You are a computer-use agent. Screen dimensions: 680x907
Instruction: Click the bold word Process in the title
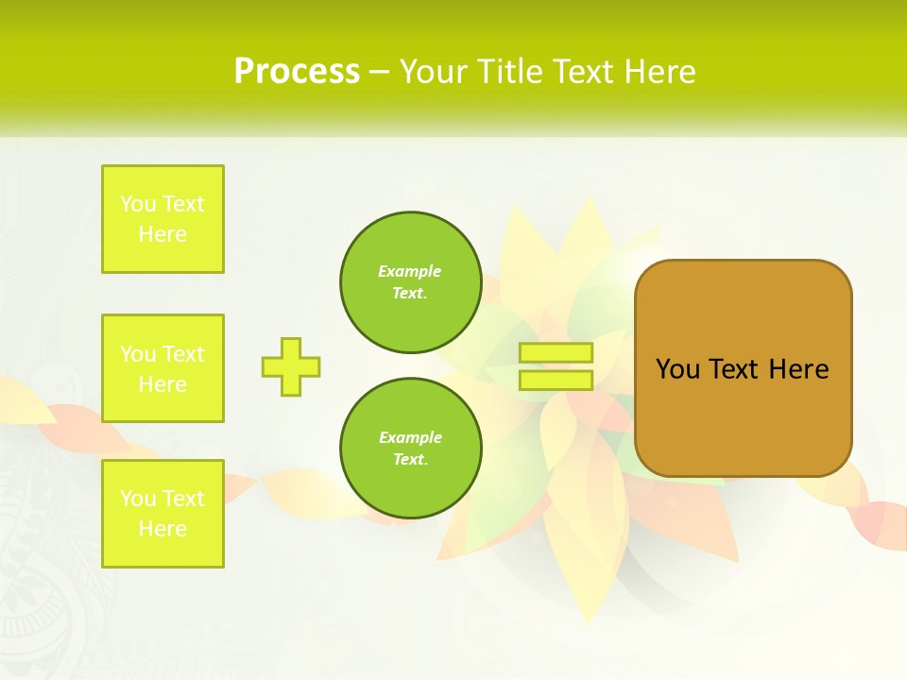click(x=297, y=72)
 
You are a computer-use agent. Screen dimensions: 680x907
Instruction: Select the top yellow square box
click(x=163, y=219)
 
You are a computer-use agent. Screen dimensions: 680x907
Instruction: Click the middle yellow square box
click(x=163, y=368)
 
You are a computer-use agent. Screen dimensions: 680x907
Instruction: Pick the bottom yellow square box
click(x=163, y=514)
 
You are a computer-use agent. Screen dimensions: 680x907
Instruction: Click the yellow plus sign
click(x=291, y=366)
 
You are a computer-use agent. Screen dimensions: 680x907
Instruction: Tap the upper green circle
click(x=410, y=282)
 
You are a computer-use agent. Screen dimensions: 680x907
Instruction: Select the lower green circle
click(x=410, y=449)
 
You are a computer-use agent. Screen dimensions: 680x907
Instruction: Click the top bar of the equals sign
click(x=556, y=353)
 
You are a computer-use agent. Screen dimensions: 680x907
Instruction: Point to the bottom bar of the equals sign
click(x=556, y=380)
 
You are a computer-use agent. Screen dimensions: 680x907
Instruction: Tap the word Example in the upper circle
click(x=410, y=271)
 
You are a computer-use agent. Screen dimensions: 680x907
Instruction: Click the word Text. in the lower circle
click(x=410, y=460)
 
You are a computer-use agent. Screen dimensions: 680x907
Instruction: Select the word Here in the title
click(x=659, y=72)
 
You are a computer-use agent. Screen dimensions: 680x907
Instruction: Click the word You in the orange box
click(x=676, y=369)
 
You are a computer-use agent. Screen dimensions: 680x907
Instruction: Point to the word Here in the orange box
click(x=798, y=369)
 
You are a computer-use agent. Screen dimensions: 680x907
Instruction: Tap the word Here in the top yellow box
click(x=163, y=234)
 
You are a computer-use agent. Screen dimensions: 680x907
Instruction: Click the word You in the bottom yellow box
click(x=138, y=499)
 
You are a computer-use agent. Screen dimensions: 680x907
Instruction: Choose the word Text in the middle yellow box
click(x=182, y=354)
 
